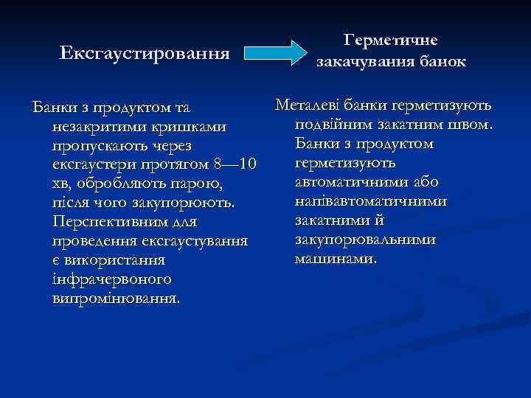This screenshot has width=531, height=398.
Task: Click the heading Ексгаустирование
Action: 145,53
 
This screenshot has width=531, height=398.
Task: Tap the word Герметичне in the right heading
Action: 392,41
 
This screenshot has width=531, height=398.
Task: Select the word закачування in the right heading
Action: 361,62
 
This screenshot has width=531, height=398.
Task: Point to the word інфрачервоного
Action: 111,281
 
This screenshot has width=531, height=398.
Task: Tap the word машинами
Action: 336,259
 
